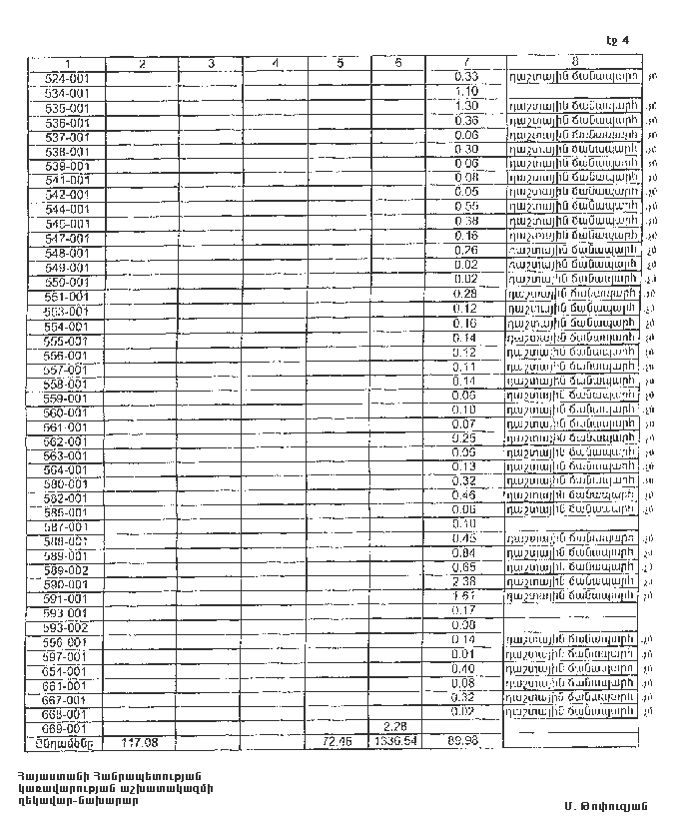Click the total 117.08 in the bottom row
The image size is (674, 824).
141,743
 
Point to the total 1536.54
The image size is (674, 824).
397,743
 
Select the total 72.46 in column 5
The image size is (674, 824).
340,743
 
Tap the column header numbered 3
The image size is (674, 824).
212,64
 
